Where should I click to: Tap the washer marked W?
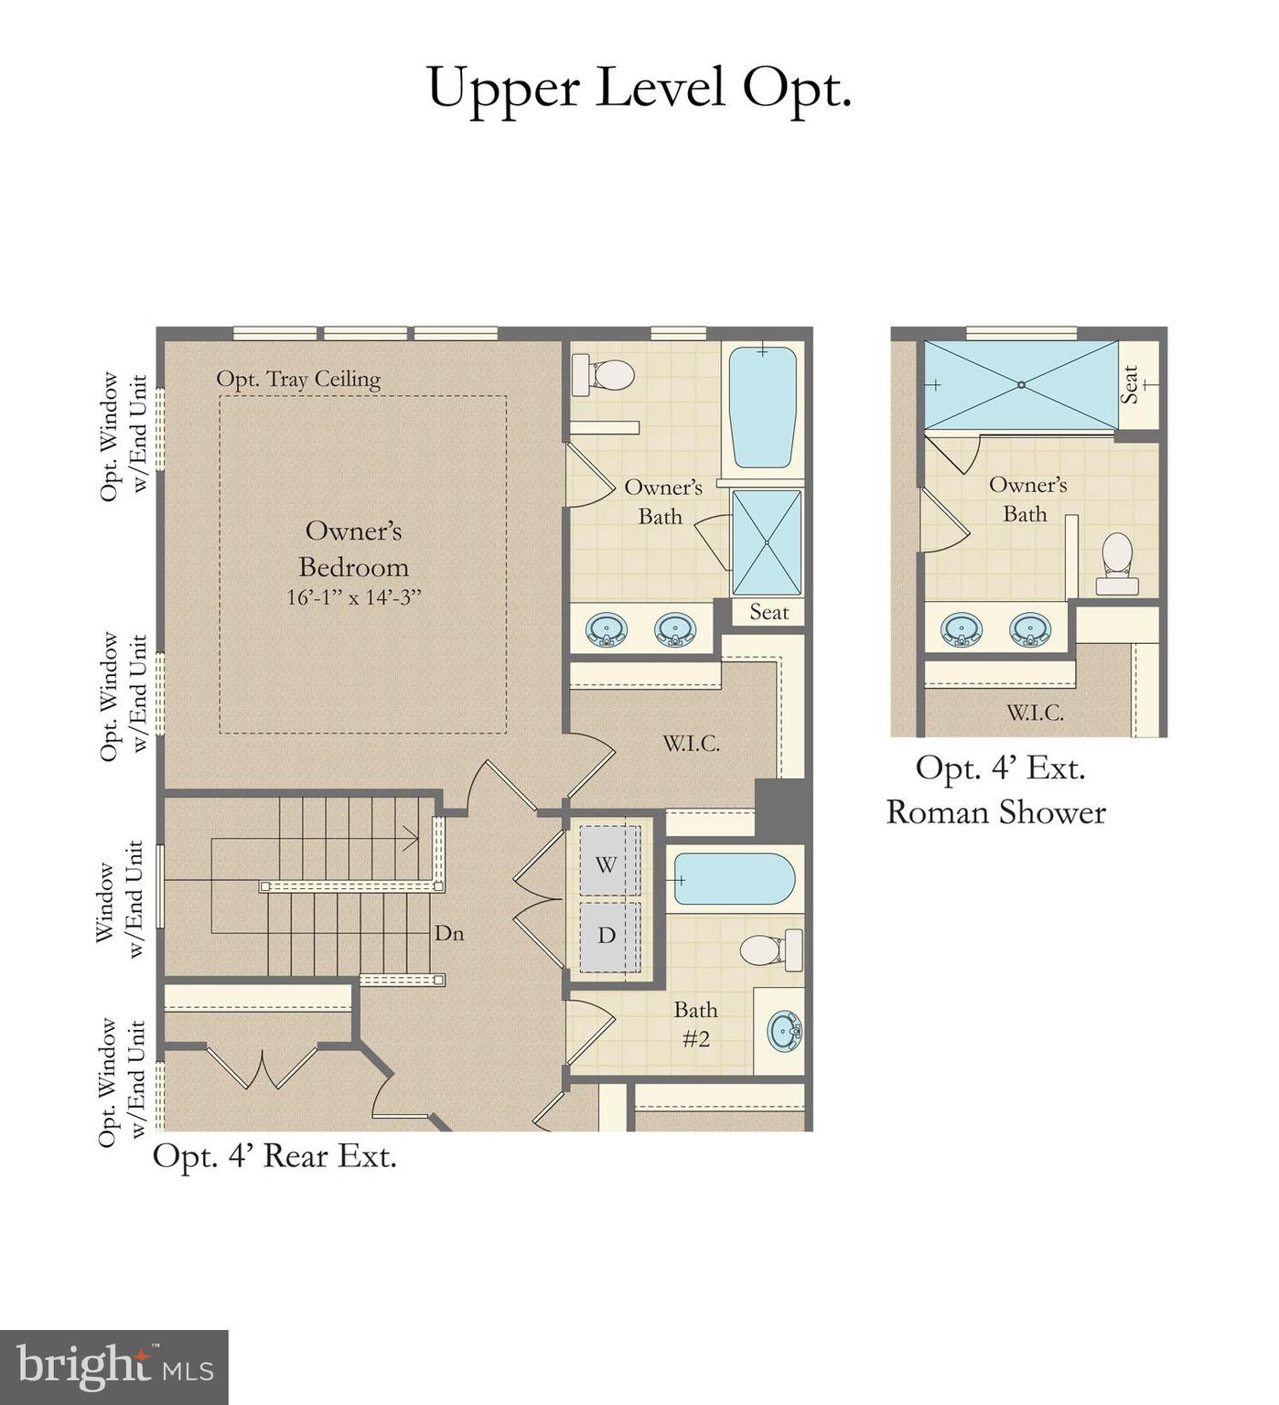(x=606, y=863)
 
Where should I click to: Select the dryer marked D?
(x=606, y=936)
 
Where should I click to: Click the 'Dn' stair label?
(x=448, y=933)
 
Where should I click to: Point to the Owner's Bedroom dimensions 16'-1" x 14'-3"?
(x=353, y=598)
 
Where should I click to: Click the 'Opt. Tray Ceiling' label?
(x=298, y=379)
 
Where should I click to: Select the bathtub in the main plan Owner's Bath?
(x=762, y=406)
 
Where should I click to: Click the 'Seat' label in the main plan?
(x=768, y=612)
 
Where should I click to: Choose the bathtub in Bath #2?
(x=734, y=879)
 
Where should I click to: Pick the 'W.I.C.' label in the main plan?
(x=691, y=744)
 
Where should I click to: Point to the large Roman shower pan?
(x=1021, y=385)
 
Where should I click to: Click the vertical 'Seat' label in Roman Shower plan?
(x=1131, y=384)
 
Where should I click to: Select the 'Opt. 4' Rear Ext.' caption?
(x=274, y=1156)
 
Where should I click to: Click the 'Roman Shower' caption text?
(x=995, y=812)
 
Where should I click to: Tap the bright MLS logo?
(x=113, y=1367)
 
